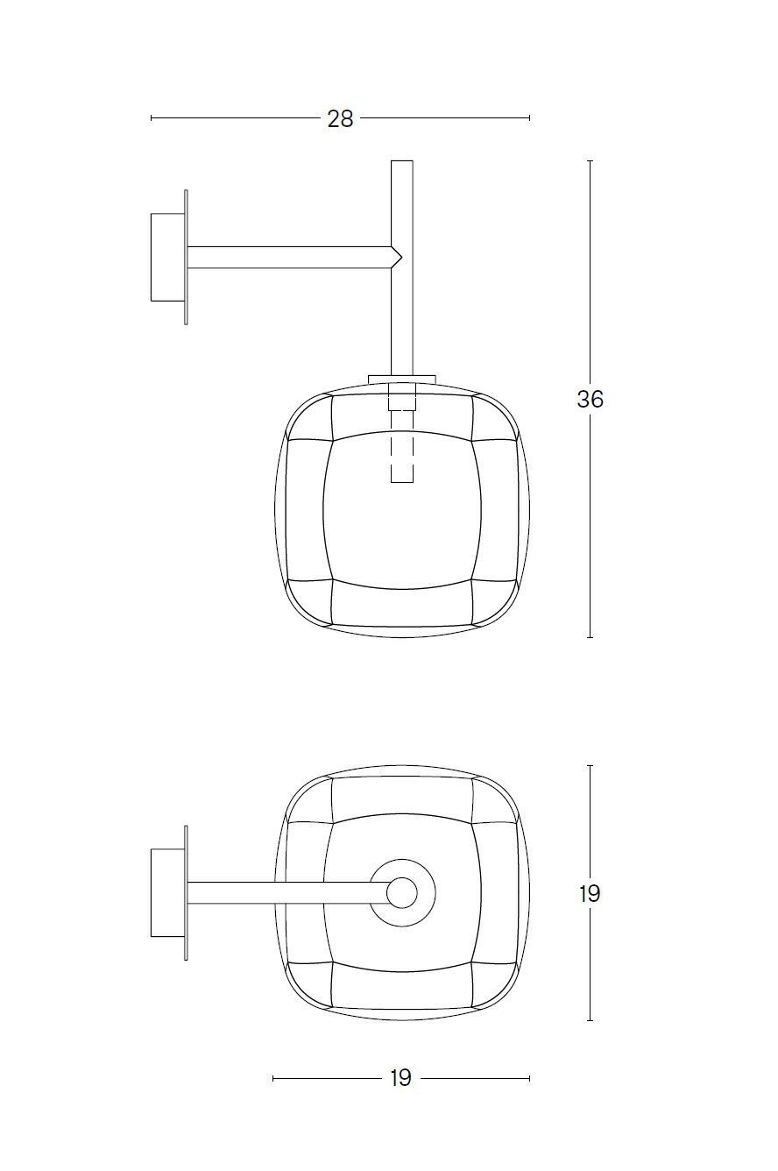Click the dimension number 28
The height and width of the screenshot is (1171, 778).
(340, 118)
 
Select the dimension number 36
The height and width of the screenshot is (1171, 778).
(590, 400)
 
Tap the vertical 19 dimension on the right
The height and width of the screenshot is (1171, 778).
(590, 894)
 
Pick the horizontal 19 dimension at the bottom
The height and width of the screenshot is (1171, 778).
(400, 1078)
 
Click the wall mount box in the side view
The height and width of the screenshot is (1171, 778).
(166, 257)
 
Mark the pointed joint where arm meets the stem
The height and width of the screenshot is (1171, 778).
(397, 257)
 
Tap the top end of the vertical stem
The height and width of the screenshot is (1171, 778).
(402, 163)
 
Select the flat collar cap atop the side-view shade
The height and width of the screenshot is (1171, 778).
(402, 379)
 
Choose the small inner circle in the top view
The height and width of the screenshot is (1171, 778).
(402, 892)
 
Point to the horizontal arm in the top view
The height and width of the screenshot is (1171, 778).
(280, 892)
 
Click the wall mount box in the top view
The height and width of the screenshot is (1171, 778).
(166, 892)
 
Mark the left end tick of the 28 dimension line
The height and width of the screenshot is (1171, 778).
(152, 117)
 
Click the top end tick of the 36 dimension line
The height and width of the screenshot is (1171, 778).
(590, 161)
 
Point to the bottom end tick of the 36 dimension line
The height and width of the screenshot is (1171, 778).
(590, 637)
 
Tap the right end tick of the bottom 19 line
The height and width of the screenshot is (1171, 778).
(529, 1078)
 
